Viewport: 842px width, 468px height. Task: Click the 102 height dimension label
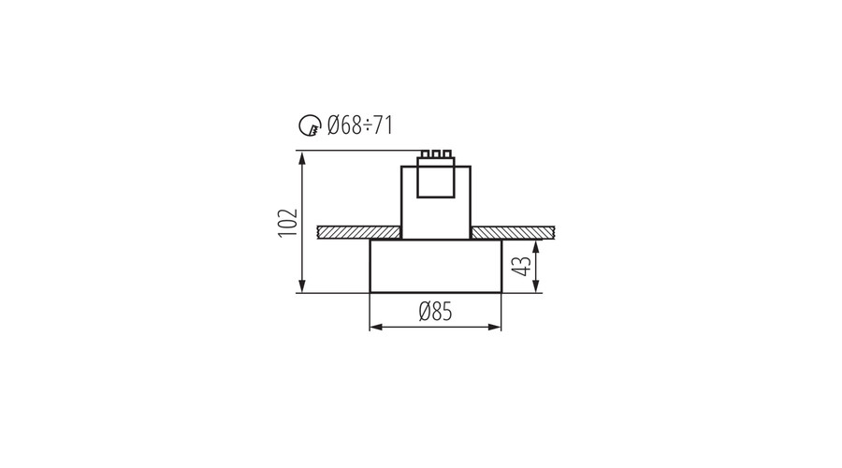[x=288, y=222]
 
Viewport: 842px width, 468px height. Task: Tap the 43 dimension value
[x=521, y=266]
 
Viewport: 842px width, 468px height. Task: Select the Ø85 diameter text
[x=435, y=312]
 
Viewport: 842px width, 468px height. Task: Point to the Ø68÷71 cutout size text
[x=360, y=125]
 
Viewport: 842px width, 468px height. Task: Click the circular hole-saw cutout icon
[x=310, y=125]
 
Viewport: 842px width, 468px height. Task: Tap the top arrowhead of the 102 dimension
[x=302, y=157]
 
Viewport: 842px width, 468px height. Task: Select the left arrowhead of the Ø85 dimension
[x=376, y=327]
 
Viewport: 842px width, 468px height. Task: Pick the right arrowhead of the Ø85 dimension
[x=495, y=327]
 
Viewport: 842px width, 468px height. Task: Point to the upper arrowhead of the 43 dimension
[x=536, y=247]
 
